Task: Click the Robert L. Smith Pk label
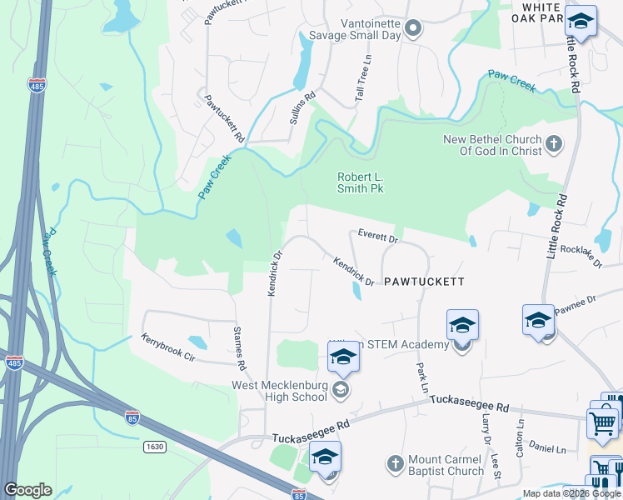coord(360,182)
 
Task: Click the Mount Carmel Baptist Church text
coord(446,465)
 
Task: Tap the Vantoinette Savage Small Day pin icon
coord(414,28)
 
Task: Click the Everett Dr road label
coord(379,237)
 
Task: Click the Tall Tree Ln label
coord(364,79)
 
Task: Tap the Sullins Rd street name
coord(303,108)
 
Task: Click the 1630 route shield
coord(153,447)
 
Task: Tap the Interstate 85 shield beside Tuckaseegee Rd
coord(132,414)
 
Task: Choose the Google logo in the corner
coord(28,490)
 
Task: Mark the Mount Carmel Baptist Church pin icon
coord(396,462)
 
